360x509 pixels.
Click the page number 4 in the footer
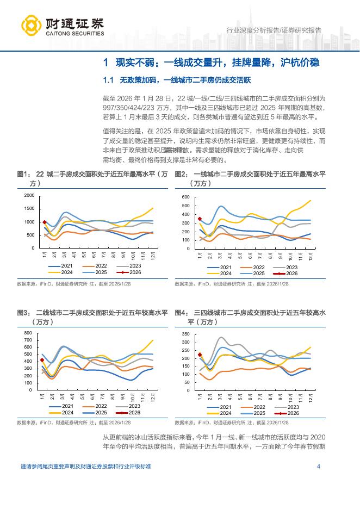pyautogui.click(x=318, y=467)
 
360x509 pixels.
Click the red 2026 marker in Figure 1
pyautogui.click(x=45, y=222)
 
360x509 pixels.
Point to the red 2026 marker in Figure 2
pyautogui.click(x=200, y=219)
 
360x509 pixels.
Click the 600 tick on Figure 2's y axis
pyautogui.click(x=185, y=197)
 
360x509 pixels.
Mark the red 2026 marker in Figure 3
pyautogui.click(x=42, y=359)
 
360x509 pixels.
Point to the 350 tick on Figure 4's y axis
pyautogui.click(x=185, y=334)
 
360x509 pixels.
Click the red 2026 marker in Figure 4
pyautogui.click(x=200, y=355)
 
